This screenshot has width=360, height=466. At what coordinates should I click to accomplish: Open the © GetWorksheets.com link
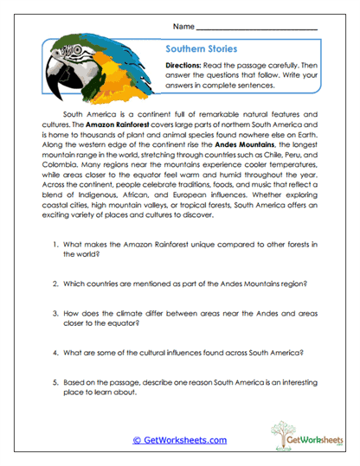click(179, 440)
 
